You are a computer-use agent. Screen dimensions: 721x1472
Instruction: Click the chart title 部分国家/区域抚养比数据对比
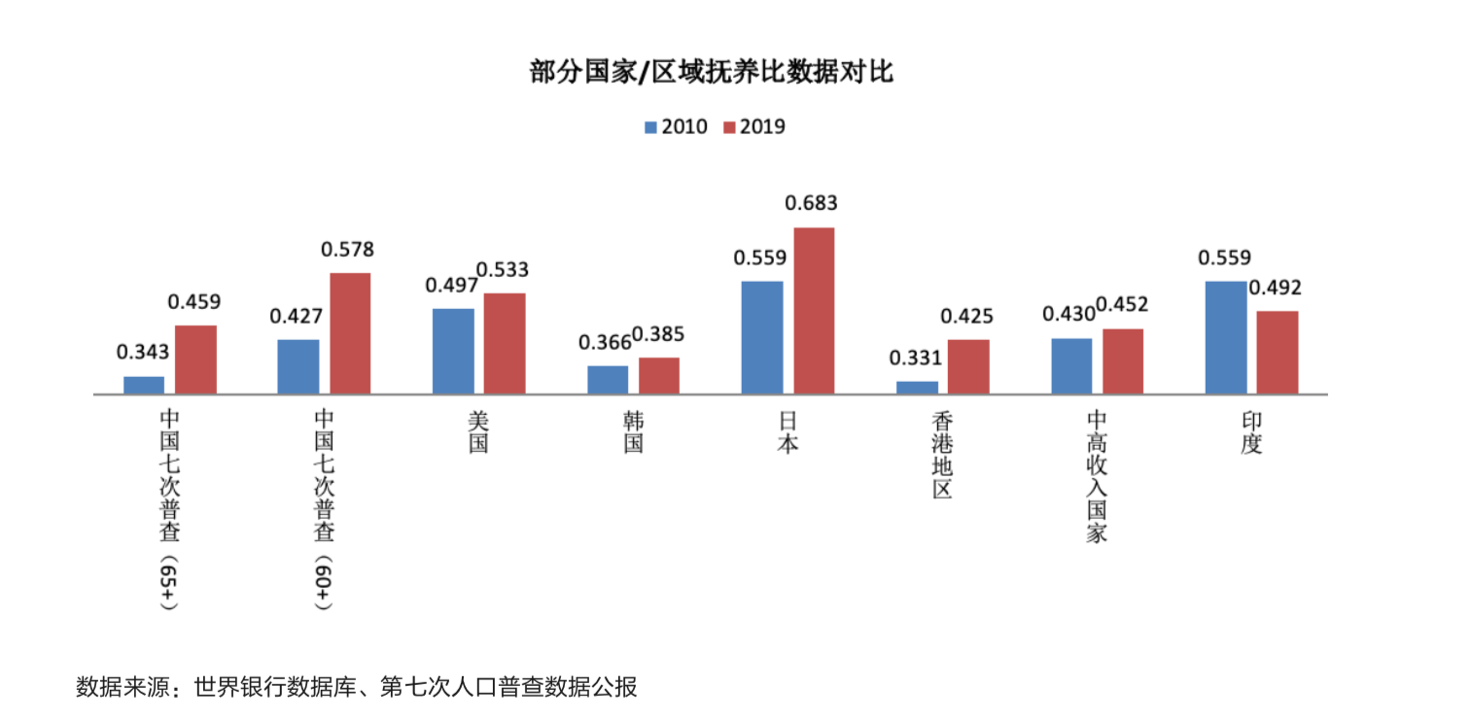pyautogui.click(x=711, y=73)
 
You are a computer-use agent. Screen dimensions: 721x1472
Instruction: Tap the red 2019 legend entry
pyautogui.click(x=754, y=127)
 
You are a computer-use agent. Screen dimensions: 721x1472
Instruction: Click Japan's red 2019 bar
pyautogui.click(x=814, y=311)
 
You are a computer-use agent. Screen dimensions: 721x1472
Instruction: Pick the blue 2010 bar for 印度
pyautogui.click(x=1225, y=337)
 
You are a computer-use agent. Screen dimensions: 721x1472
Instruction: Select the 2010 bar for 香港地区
pyautogui.click(x=917, y=387)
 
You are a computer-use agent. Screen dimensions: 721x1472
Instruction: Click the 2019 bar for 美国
pyautogui.click(x=505, y=343)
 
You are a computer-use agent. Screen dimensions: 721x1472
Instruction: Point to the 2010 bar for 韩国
pyautogui.click(x=608, y=379)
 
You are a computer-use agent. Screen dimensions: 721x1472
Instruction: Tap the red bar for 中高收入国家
pyautogui.click(x=1123, y=360)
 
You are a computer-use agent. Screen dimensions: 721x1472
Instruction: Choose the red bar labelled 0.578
pyautogui.click(x=350, y=333)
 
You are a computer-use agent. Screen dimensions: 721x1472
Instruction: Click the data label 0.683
pyautogui.click(x=811, y=203)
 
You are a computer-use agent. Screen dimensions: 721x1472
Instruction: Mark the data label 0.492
pyautogui.click(x=1276, y=288)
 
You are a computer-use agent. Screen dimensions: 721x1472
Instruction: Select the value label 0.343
pyautogui.click(x=143, y=352)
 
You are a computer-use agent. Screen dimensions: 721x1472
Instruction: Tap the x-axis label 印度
pyautogui.click(x=1251, y=431)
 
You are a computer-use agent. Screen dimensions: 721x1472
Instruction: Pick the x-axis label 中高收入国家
pyautogui.click(x=1097, y=475)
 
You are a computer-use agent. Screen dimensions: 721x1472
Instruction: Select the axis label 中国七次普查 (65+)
pyautogui.click(x=170, y=510)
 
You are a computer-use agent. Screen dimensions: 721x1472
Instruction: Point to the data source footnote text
pyautogui.click(x=357, y=687)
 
